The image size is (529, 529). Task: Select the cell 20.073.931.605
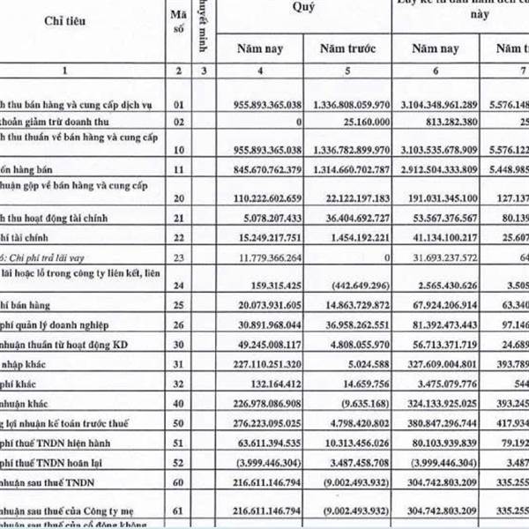(262, 303)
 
